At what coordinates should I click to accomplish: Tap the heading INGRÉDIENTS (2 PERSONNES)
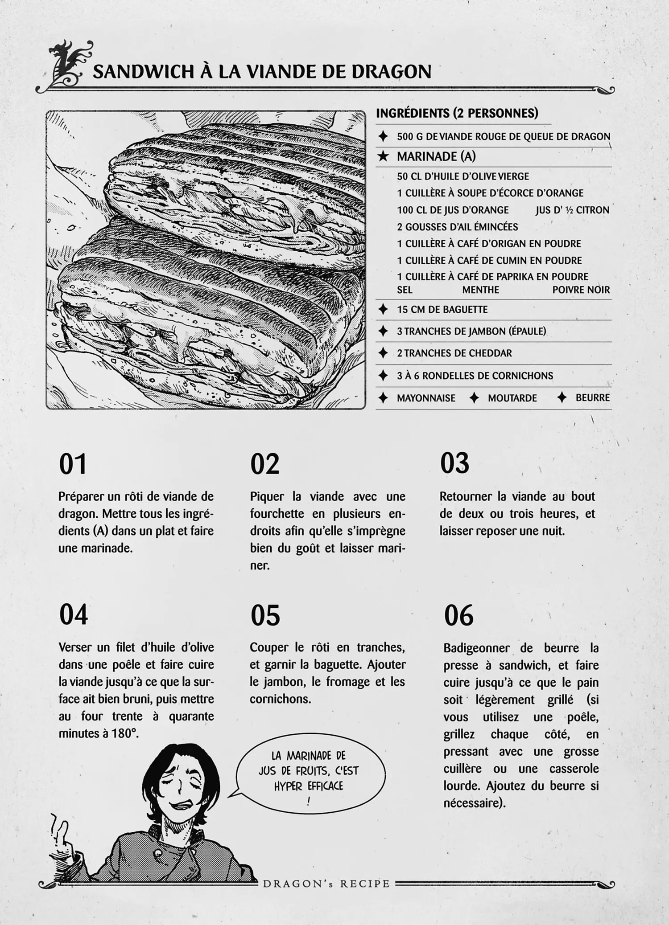pyautogui.click(x=457, y=113)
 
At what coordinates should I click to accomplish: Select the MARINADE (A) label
pyautogui.click(x=436, y=156)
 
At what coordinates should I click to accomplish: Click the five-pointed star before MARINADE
pyautogui.click(x=383, y=156)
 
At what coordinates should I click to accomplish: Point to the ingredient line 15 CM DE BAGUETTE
pyautogui.click(x=442, y=310)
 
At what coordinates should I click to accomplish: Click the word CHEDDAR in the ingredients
pyautogui.click(x=490, y=353)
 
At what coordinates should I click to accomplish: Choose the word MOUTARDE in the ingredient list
pyautogui.click(x=512, y=398)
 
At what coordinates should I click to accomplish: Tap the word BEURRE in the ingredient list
pyautogui.click(x=592, y=398)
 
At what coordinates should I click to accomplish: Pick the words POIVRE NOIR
pyautogui.click(x=581, y=290)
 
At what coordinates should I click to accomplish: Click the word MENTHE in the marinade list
pyautogui.click(x=480, y=290)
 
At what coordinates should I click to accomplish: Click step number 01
pyautogui.click(x=73, y=464)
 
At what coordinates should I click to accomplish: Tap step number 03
pyautogui.click(x=454, y=463)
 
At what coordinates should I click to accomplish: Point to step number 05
pyautogui.click(x=265, y=615)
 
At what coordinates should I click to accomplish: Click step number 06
pyautogui.click(x=458, y=615)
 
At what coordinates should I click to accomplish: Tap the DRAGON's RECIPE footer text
pyautogui.click(x=326, y=884)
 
